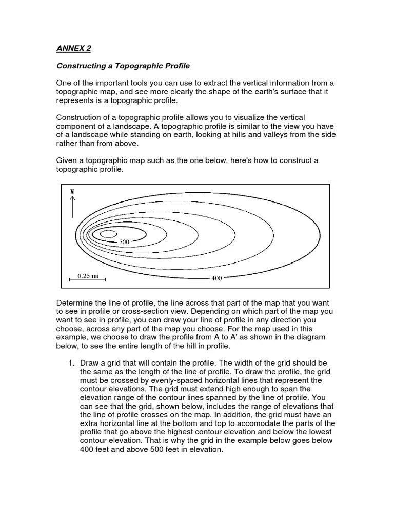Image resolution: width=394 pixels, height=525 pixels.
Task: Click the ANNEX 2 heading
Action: click(73, 49)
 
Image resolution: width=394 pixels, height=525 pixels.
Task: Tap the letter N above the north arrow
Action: click(72, 191)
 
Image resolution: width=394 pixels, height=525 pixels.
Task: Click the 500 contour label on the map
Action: click(124, 241)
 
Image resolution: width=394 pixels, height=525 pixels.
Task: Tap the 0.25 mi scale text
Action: click(88, 275)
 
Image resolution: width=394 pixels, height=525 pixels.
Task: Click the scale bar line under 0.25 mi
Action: click(88, 280)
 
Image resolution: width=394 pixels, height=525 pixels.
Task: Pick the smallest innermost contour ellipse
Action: click(108, 234)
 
